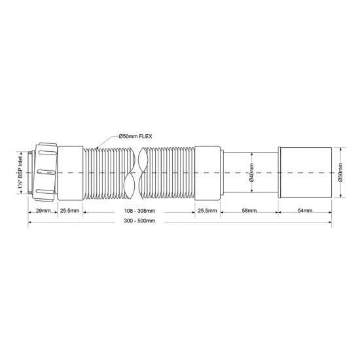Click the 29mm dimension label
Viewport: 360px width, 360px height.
[x=42, y=211]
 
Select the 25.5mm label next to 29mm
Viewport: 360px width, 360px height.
[x=70, y=211]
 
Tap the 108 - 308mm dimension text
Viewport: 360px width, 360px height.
[x=140, y=211]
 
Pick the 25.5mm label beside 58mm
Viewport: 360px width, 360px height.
[x=207, y=211]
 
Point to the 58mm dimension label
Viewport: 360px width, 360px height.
[x=249, y=211]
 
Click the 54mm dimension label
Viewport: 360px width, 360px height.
[x=304, y=211]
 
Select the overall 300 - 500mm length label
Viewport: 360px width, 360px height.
[x=140, y=221]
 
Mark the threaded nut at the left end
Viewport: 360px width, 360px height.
[x=44, y=171]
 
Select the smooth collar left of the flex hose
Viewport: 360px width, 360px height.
[x=70, y=171]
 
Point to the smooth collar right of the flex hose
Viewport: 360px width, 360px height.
[x=207, y=171]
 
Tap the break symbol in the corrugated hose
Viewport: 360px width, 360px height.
[x=137, y=171]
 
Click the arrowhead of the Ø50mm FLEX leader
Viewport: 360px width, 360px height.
[x=96, y=147]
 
